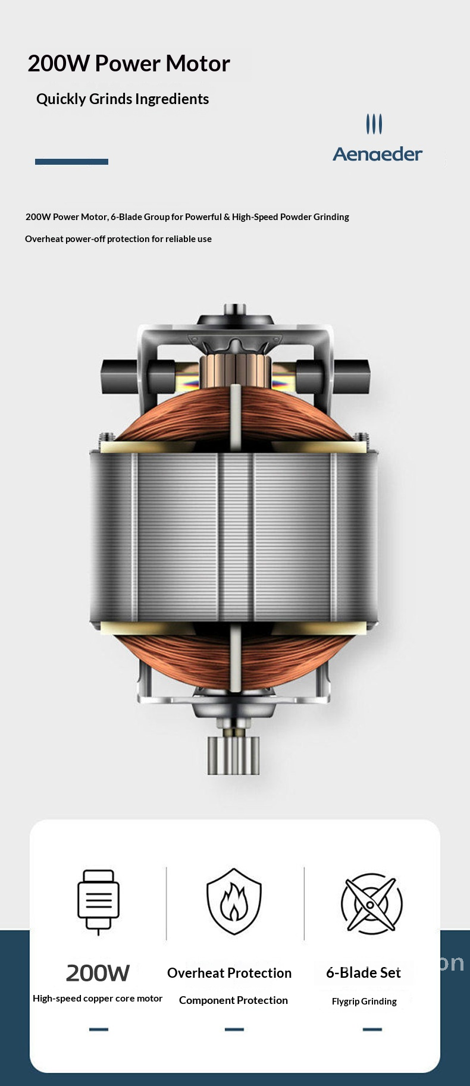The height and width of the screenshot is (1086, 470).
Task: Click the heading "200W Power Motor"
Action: click(x=129, y=64)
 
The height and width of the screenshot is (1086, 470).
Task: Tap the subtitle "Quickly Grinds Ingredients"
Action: click(x=123, y=99)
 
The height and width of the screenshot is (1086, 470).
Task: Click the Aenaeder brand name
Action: click(x=378, y=154)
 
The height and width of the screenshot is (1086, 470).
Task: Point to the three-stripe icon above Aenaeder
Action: click(x=374, y=124)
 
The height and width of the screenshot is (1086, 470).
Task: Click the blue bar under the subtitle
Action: click(x=71, y=162)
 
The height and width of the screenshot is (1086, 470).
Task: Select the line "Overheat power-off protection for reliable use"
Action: click(x=118, y=239)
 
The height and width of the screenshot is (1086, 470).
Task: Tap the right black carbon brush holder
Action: click(x=333, y=376)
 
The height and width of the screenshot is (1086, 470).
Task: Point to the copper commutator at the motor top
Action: click(x=235, y=370)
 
